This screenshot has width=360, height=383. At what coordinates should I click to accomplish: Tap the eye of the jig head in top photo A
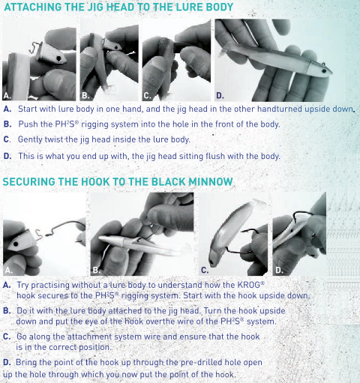pos(58,58)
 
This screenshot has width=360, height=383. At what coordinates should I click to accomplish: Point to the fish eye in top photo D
pos(324,71)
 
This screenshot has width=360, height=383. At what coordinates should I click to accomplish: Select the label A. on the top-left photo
pos(7,95)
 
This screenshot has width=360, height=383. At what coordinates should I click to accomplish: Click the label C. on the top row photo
pos(147,96)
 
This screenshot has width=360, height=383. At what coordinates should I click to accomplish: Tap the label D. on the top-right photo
pos(220,96)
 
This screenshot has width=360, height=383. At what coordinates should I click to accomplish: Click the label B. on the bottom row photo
pos(96,270)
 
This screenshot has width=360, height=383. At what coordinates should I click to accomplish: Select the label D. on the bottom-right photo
pos(279,270)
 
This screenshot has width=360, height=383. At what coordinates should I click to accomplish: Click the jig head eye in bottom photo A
pos(16,244)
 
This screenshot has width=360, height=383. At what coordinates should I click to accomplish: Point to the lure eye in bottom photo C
pos(212,262)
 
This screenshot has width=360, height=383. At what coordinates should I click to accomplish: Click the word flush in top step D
pos(214,156)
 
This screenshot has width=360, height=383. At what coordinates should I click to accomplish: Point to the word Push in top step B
pos(28,124)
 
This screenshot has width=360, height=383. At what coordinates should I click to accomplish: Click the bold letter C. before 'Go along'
pos(7,337)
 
